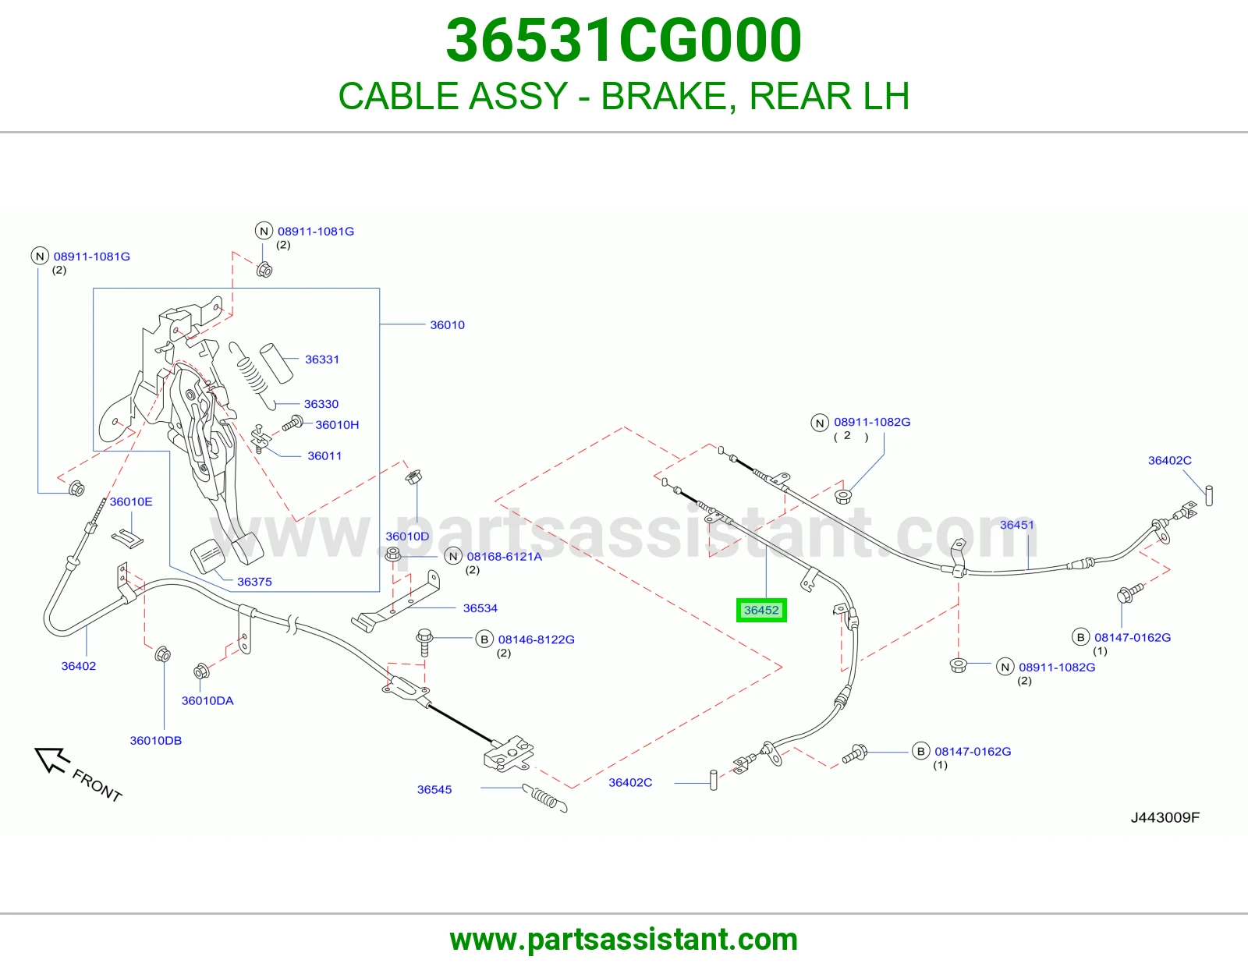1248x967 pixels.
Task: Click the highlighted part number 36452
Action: (x=761, y=610)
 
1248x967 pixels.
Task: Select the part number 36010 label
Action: (x=448, y=325)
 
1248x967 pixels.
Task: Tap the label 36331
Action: (x=321, y=360)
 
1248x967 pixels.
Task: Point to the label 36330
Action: (x=321, y=404)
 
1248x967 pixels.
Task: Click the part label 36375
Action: (x=254, y=582)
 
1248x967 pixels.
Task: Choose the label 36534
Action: (x=480, y=608)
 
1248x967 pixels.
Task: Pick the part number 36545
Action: (x=434, y=789)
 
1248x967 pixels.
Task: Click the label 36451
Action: (x=1016, y=525)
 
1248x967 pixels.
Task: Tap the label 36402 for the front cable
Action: (x=79, y=666)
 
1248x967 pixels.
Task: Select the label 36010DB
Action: (x=156, y=741)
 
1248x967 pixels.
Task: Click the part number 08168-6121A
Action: (x=504, y=557)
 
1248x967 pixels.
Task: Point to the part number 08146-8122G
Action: (x=536, y=639)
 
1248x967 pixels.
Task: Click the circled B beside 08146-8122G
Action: (x=484, y=639)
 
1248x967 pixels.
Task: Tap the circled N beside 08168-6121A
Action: (x=453, y=556)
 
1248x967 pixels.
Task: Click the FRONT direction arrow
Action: (x=51, y=760)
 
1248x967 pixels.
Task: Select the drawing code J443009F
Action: (x=1165, y=818)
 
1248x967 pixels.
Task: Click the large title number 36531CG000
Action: (x=624, y=41)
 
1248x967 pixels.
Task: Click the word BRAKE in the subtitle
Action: (x=668, y=96)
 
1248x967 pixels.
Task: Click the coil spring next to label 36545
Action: (x=545, y=798)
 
